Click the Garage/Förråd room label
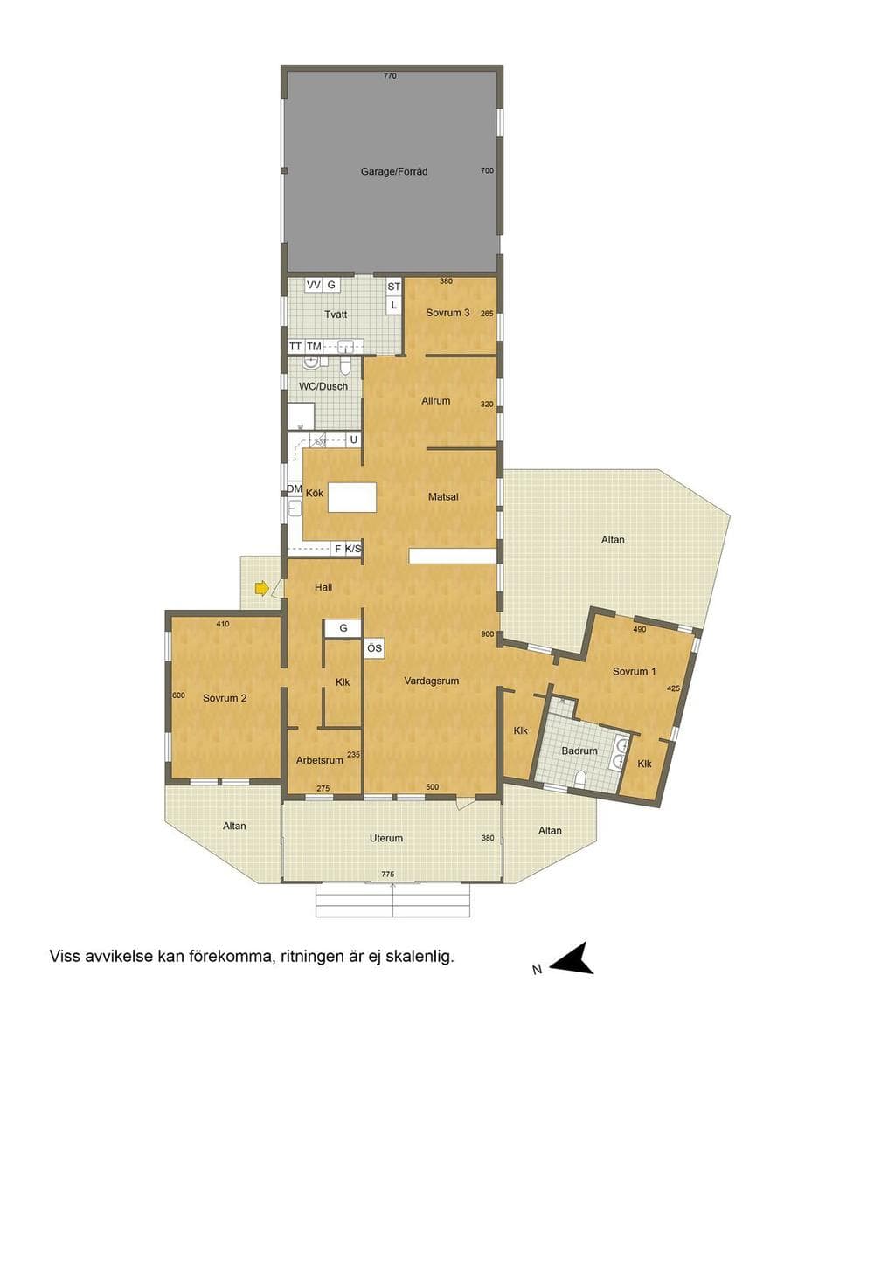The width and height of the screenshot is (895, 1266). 394,171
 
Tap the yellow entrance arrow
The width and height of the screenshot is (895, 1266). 262,588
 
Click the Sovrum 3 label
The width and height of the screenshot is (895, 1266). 447,313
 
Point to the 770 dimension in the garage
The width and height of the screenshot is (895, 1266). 390,76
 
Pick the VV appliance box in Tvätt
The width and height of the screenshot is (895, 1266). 313,285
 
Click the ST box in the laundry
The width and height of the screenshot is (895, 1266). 393,287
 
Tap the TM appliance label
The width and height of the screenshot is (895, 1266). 313,347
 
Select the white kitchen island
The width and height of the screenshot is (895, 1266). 352,497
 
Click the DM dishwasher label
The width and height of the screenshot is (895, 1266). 295,489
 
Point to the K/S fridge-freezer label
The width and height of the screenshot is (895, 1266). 353,548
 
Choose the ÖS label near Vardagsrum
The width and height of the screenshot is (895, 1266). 374,648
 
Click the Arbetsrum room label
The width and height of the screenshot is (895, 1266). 319,760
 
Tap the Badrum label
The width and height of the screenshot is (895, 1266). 579,751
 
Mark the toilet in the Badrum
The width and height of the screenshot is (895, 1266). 579,780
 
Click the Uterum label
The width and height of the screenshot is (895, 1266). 386,838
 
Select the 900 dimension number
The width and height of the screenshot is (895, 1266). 488,634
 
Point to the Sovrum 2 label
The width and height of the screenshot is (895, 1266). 225,698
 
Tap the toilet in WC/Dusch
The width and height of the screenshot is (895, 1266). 346,367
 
